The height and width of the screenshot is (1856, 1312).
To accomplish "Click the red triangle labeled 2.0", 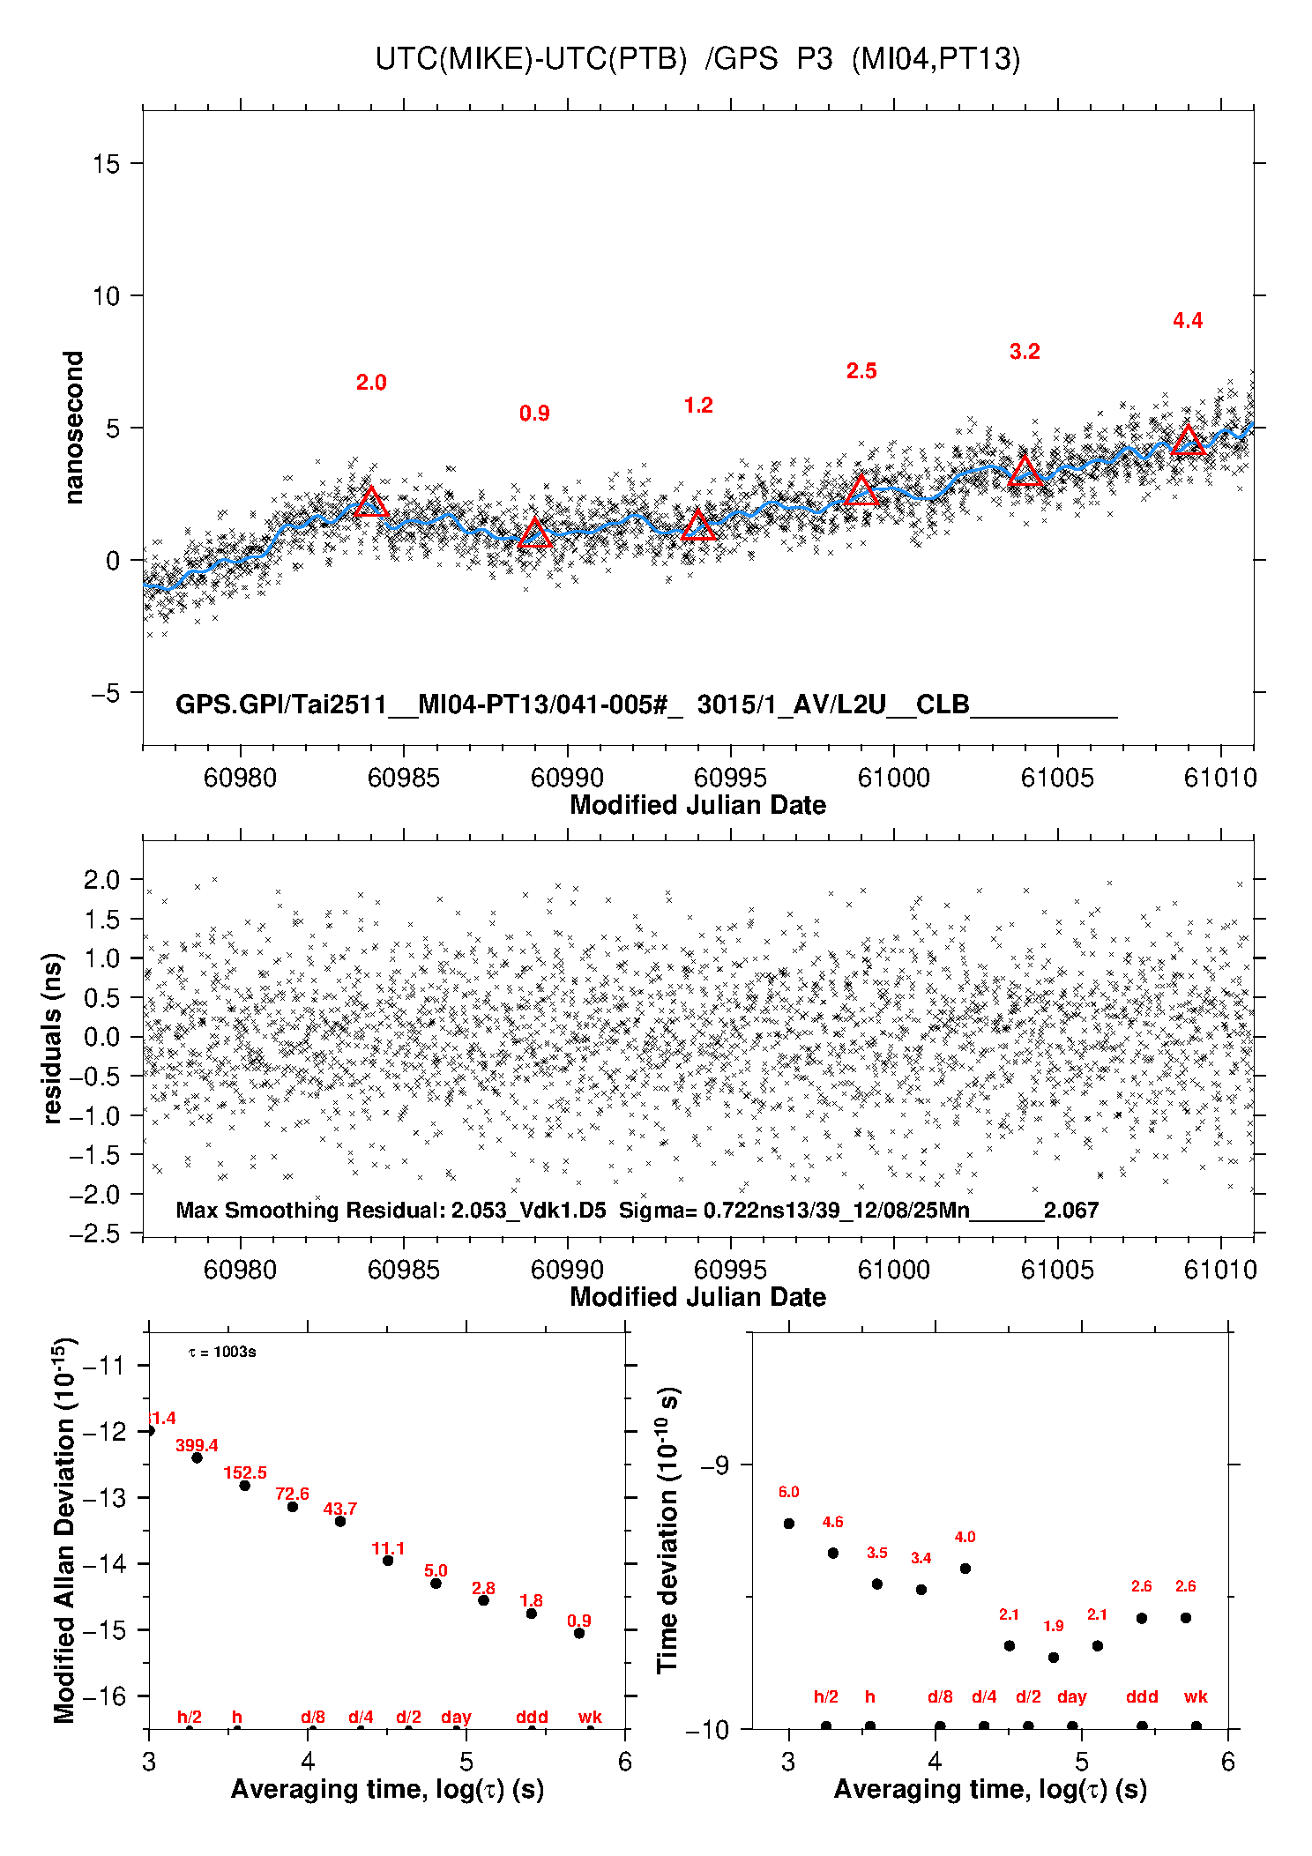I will tap(371, 503).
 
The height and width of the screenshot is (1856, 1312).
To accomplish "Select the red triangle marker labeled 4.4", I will tap(1188, 441).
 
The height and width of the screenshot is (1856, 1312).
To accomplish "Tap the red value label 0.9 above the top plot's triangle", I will tap(534, 414).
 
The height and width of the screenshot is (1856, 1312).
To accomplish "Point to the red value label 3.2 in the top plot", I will tap(1025, 352).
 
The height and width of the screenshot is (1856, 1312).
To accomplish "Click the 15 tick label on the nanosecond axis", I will tap(106, 164).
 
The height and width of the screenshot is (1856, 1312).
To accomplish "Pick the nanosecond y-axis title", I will tap(74, 428).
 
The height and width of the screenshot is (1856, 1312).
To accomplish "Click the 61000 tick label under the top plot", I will tap(893, 778).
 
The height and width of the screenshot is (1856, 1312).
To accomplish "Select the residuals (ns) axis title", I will tap(53, 1038).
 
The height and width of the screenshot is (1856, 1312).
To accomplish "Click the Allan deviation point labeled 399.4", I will tap(197, 1457).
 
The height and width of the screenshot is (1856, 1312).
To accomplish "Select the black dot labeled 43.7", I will tap(340, 1521).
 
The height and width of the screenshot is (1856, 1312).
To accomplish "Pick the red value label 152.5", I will tap(244, 1472).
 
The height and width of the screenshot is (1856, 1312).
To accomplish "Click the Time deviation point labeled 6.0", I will tap(789, 1524).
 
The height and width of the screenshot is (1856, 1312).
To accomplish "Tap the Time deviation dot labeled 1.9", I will tap(1054, 1658).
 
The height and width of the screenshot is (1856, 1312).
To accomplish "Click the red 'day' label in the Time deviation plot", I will tap(1071, 1696).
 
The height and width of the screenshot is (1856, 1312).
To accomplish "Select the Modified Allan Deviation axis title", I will tap(64, 1531).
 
